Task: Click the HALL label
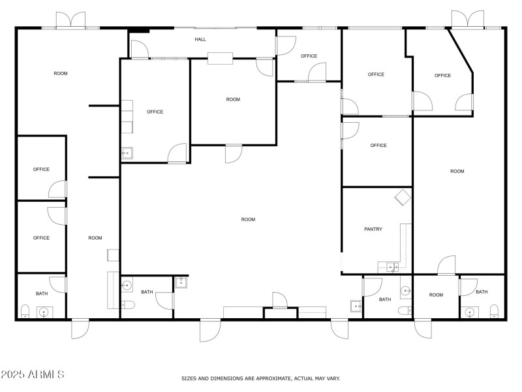[x=200, y=39]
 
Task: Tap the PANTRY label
[x=373, y=229]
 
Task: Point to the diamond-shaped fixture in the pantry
[x=401, y=197]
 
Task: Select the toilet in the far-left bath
[x=25, y=310]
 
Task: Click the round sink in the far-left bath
[x=44, y=312]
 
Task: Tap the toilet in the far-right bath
[x=494, y=310]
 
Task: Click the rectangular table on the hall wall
[x=221, y=58]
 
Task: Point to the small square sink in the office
[x=127, y=154]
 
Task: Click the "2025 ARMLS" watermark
[x=33, y=374]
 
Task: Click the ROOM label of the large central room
[x=248, y=220]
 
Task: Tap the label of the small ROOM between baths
[x=436, y=295]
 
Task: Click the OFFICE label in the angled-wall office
[x=442, y=75]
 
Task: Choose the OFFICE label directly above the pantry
[x=378, y=145]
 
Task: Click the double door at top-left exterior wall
[x=70, y=20]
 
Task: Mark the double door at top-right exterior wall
[x=468, y=19]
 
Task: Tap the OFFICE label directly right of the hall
[x=309, y=56]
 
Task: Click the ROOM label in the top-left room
[x=60, y=73]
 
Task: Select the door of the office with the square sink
[x=177, y=154]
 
